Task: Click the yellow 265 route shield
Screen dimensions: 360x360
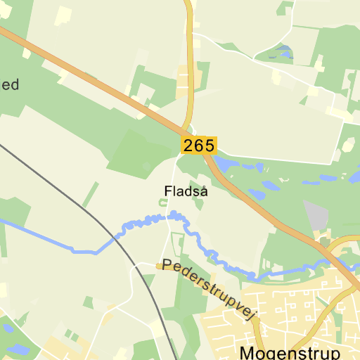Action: coord(199,146)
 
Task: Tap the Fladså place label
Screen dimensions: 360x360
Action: coord(186,191)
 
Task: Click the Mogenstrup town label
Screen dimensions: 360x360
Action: coord(290,352)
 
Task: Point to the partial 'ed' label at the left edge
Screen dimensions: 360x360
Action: coord(10,85)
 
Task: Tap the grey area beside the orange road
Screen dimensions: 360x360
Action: coord(316,214)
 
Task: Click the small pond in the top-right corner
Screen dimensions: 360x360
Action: coord(283,51)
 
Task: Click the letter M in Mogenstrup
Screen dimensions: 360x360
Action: coord(247,352)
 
